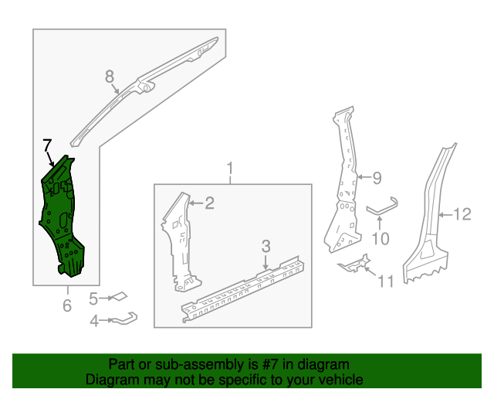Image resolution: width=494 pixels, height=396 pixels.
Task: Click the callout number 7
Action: (47, 145)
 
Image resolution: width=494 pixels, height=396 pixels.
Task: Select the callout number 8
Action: (110, 76)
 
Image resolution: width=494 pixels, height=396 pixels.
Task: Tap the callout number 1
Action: (229, 168)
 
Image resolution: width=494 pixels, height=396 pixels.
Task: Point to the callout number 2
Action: (209, 203)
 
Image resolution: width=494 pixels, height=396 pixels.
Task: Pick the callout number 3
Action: (266, 246)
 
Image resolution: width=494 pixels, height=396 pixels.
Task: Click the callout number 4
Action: (94, 319)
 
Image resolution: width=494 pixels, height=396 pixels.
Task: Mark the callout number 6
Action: (67, 306)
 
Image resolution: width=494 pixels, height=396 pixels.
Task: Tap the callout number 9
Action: (377, 178)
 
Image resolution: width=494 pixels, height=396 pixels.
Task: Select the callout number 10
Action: (381, 238)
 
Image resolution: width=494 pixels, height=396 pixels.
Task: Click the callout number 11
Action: (385, 281)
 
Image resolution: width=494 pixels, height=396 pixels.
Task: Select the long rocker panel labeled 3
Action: (239, 286)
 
